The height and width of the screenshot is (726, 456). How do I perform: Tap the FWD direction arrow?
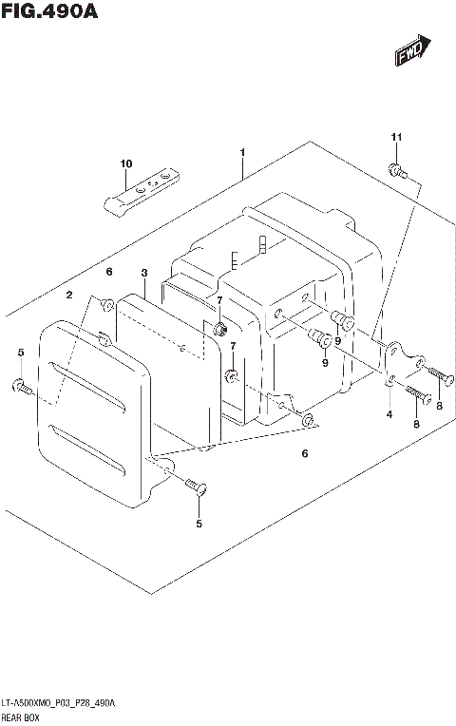(414, 52)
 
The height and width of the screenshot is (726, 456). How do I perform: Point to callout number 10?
(125, 164)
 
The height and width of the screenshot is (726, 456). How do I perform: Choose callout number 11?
(397, 139)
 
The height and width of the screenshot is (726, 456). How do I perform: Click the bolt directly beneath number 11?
(397, 172)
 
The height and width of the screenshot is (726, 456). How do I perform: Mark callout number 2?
(69, 296)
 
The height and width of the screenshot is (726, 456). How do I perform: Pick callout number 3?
(143, 274)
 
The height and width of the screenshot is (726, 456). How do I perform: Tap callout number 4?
(389, 414)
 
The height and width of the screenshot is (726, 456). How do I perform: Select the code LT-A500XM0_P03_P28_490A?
(59, 702)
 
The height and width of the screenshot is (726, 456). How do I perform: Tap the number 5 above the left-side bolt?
(20, 353)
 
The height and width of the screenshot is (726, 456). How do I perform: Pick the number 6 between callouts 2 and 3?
(109, 272)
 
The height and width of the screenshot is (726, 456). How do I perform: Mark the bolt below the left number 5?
(22, 387)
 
